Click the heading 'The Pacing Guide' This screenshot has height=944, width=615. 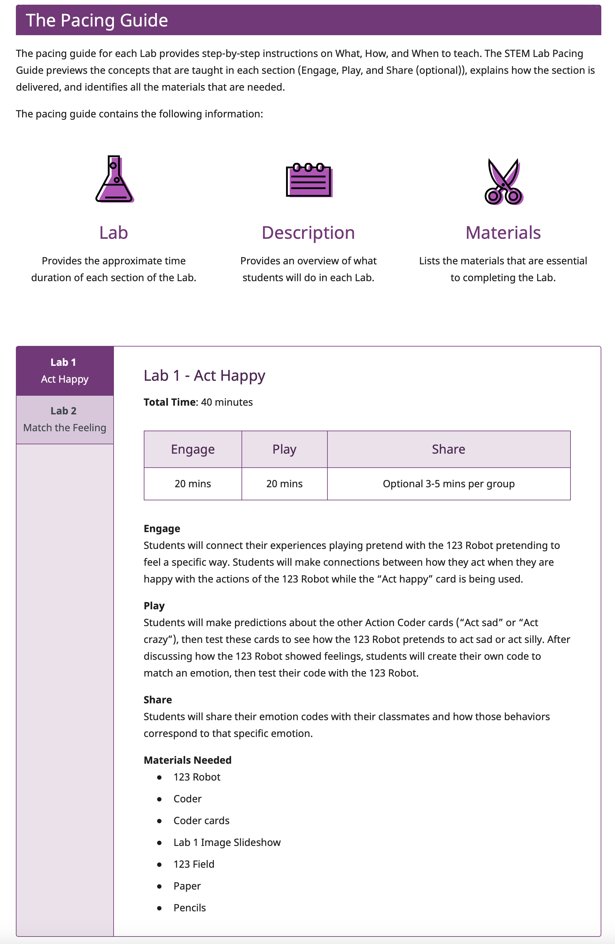click(97, 20)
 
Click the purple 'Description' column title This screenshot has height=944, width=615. click(308, 233)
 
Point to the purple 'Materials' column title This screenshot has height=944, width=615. click(503, 233)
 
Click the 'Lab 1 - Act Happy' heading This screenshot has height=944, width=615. click(204, 375)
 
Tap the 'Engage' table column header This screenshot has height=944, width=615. click(193, 449)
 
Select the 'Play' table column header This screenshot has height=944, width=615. click(284, 449)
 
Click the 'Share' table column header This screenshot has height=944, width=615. click(448, 449)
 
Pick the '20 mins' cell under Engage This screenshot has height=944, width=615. click(193, 484)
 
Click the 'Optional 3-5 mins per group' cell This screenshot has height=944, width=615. click(448, 484)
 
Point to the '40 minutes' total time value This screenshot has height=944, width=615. click(227, 402)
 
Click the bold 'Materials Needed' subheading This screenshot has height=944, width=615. click(188, 760)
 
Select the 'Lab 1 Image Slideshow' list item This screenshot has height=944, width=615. click(227, 843)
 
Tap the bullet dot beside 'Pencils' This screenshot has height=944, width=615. click(159, 908)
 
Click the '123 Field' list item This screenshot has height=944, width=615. click(194, 864)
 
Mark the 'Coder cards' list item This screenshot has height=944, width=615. click(201, 821)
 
